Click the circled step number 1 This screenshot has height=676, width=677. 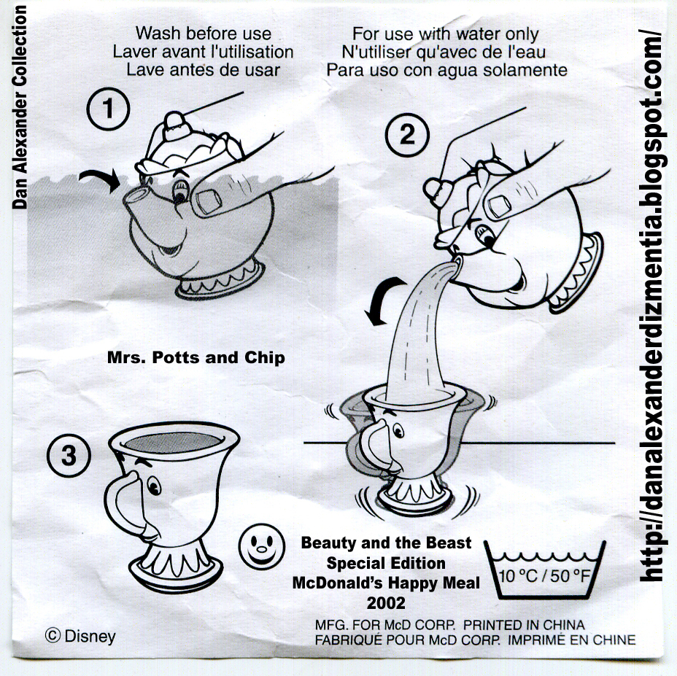[x=108, y=109]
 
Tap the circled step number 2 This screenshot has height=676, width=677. [x=407, y=134]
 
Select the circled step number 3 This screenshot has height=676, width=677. [x=69, y=456]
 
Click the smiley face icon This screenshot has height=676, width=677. [x=262, y=546]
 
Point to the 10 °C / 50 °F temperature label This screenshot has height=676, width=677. [x=544, y=576]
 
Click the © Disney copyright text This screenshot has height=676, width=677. [x=80, y=637]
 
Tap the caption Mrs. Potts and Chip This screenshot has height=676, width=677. [x=196, y=357]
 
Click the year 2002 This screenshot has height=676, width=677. [x=386, y=602]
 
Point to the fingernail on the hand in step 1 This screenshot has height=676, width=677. [x=209, y=201]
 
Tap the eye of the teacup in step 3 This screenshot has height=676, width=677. [x=154, y=486]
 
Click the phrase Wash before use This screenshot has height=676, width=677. [x=204, y=34]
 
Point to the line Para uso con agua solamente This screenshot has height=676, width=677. [x=447, y=70]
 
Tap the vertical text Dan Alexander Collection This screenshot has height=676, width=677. [x=20, y=107]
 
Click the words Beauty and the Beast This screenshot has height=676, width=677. [x=386, y=543]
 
